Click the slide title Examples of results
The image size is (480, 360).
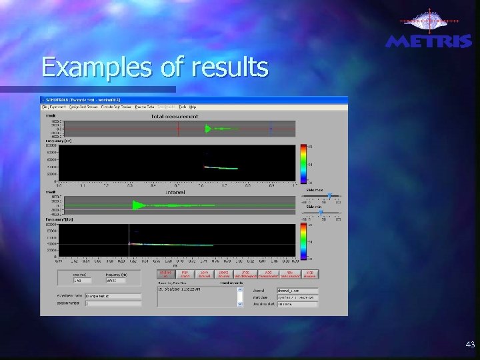point(155,67)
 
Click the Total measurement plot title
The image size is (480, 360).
point(175,116)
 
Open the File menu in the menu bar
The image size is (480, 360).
point(45,107)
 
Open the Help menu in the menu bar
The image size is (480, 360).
point(193,107)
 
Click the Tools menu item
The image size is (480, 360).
point(182,107)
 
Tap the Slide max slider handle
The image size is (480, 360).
point(329,195)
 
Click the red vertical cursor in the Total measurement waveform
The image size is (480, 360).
point(178,129)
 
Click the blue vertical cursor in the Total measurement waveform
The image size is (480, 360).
point(271,129)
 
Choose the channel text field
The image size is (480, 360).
point(297,290)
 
